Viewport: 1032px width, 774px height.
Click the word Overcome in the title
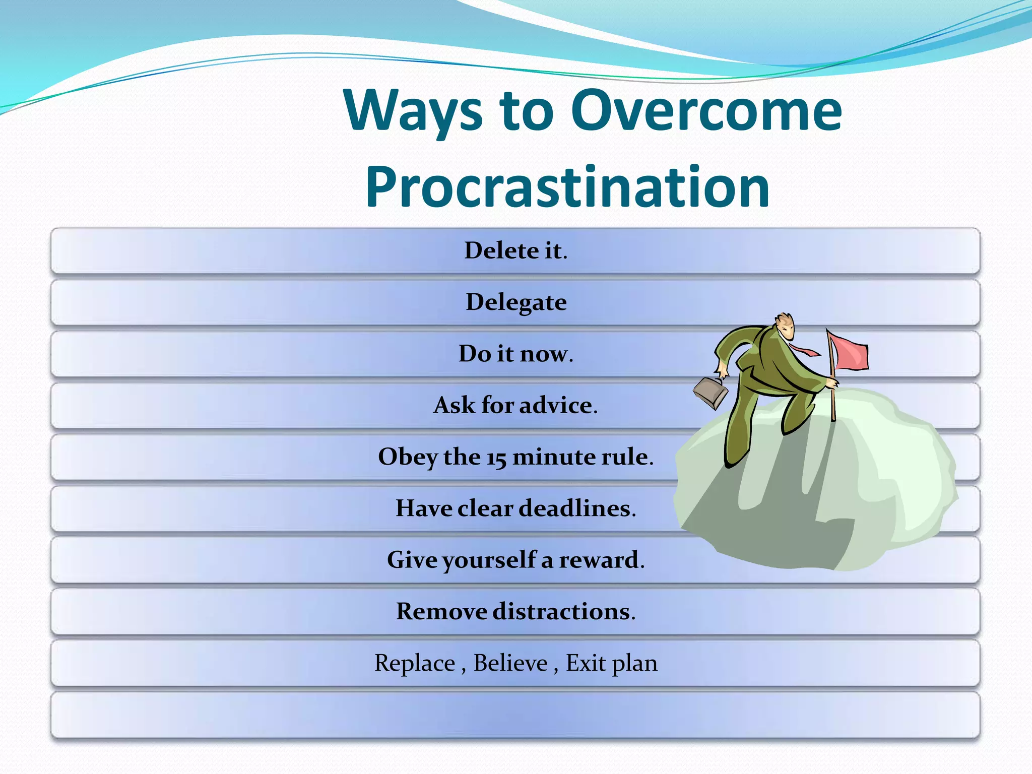pyautogui.click(x=706, y=110)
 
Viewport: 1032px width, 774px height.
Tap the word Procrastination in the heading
pyautogui.click(x=567, y=187)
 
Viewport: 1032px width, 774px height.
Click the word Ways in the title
pyautogui.click(x=413, y=110)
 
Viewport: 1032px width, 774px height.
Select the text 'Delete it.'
pyautogui.click(x=515, y=250)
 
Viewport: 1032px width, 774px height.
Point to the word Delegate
pyautogui.click(x=516, y=302)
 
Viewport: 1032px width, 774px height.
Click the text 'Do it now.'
pyautogui.click(x=515, y=354)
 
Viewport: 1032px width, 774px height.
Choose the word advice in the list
pyautogui.click(x=558, y=405)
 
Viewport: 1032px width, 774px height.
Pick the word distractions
pyautogui.click(x=563, y=611)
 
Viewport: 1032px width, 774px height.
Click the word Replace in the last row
pyautogui.click(x=415, y=663)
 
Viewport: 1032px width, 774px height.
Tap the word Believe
pyautogui.click(x=510, y=663)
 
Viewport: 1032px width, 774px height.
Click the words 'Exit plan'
pyautogui.click(x=611, y=663)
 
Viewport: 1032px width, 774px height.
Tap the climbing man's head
pyautogui.click(x=785, y=326)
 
